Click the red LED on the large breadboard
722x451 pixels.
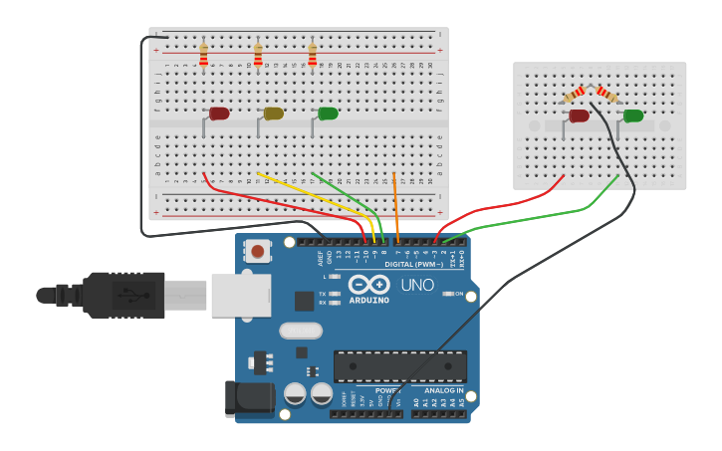click(x=218, y=113)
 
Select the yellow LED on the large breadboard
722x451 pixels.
click(x=273, y=113)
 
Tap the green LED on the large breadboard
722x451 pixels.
click(x=327, y=113)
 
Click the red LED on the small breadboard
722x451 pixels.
click(x=578, y=115)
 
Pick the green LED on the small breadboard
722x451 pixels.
click(x=632, y=115)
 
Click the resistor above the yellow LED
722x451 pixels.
click(x=258, y=54)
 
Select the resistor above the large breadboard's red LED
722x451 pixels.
click(x=203, y=54)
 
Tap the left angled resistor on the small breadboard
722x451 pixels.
click(x=575, y=94)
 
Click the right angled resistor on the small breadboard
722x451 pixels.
click(x=607, y=94)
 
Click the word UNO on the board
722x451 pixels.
click(x=417, y=286)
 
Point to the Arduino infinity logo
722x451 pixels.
click(x=368, y=285)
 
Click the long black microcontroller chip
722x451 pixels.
click(x=399, y=365)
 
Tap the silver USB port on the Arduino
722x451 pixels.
click(x=240, y=296)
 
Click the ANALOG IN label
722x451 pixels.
click(x=437, y=390)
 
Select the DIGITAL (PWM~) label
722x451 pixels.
click(x=414, y=264)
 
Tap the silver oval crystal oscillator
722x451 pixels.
click(x=301, y=331)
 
